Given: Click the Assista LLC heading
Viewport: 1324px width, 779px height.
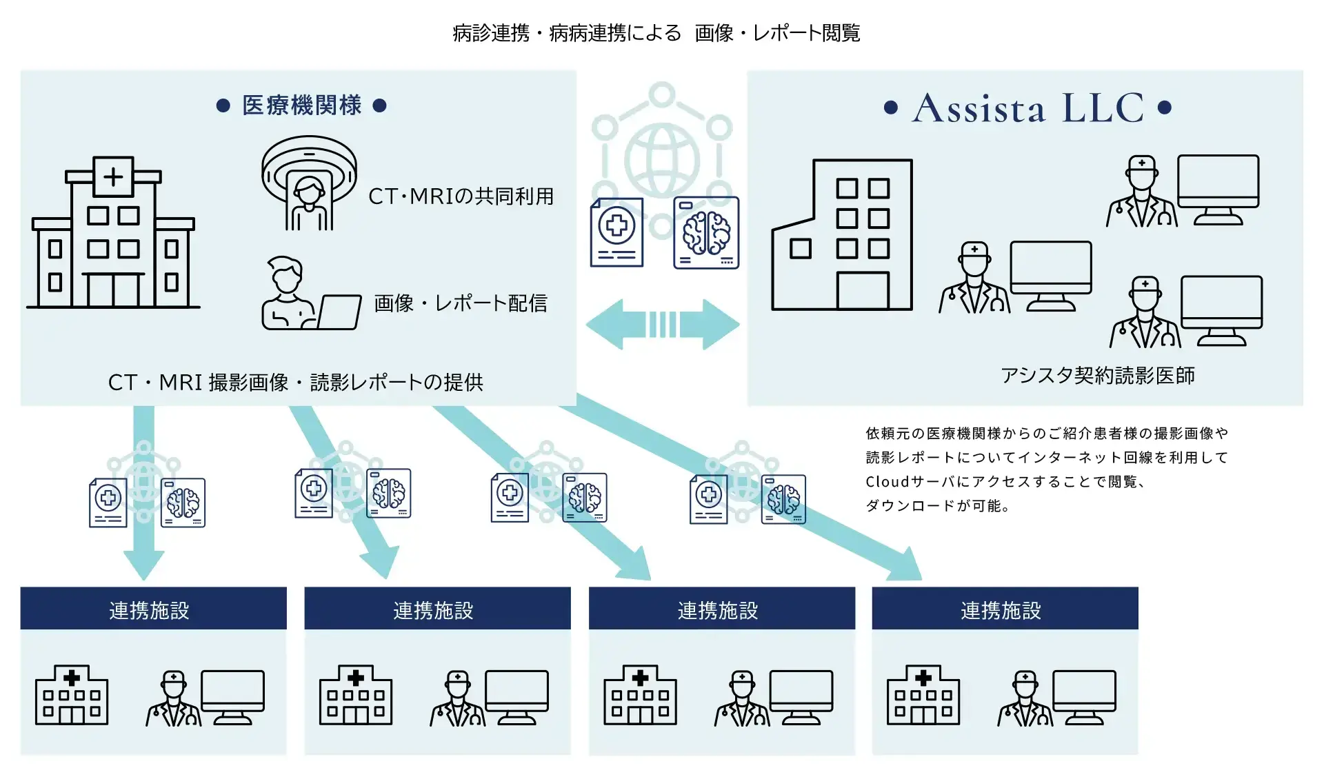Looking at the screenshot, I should (x=1027, y=108).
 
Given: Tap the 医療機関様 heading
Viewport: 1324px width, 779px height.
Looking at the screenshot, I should (x=301, y=105).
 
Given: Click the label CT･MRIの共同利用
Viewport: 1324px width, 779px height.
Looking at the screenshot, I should (x=461, y=196).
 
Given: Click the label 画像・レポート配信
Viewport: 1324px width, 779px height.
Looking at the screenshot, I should (x=460, y=303).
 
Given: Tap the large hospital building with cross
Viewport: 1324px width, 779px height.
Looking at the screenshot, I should (x=114, y=234).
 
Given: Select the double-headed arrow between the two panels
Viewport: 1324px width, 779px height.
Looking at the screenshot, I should (x=662, y=324).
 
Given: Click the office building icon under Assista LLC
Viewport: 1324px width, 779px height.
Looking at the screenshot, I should (x=842, y=236).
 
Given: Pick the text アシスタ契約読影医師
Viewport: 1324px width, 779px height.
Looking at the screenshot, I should (x=1097, y=376).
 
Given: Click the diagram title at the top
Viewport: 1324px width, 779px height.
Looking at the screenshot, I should (x=656, y=33).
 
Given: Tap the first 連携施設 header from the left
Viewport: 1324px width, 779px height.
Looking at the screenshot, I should (x=150, y=610).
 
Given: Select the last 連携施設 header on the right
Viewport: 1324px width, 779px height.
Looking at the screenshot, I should (x=1001, y=610).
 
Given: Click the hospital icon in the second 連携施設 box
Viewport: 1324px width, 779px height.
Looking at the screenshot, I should (x=356, y=695).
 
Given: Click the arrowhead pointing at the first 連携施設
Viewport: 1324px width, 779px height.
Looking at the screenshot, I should (x=143, y=565).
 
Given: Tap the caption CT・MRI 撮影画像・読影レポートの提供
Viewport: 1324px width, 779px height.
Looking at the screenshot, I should (x=295, y=383).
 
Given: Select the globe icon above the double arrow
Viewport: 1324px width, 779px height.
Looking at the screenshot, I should (x=662, y=161).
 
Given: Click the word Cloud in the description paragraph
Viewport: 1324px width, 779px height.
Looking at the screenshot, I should (x=887, y=482).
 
